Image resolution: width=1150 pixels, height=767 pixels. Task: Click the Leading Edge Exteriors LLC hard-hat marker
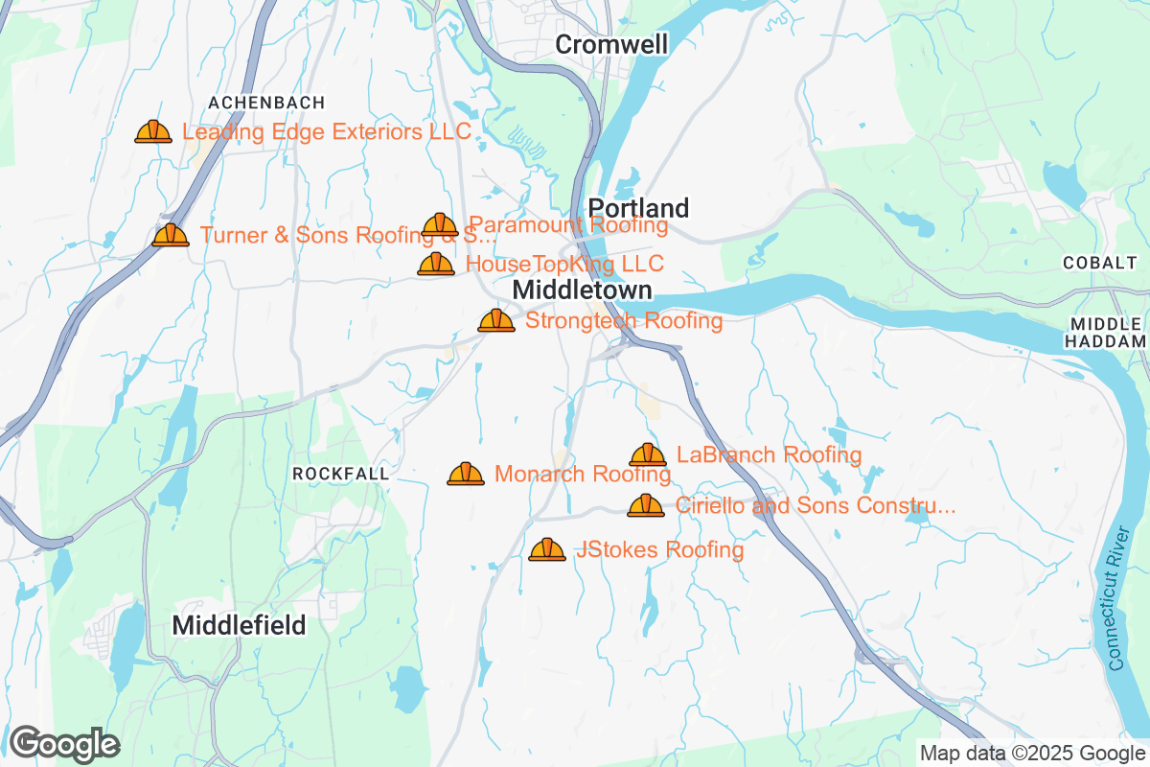tap(153, 131)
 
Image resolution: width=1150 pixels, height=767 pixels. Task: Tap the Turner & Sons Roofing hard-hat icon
tap(171, 235)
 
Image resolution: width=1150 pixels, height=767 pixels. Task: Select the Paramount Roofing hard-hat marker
tap(440, 225)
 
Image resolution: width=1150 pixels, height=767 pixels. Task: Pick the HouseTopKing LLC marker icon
tap(436, 264)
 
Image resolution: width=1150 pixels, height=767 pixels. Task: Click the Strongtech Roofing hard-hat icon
tap(496, 320)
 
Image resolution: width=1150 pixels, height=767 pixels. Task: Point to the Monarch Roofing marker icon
tap(466, 474)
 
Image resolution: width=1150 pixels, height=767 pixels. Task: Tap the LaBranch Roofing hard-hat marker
tap(648, 454)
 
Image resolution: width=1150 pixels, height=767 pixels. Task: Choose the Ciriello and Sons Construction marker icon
tap(646, 505)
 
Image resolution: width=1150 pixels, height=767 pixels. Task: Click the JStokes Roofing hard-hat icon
tap(547, 549)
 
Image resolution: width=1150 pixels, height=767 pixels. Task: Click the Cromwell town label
tap(611, 44)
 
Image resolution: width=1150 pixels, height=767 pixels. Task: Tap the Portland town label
tap(638, 208)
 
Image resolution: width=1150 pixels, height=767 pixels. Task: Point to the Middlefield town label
tap(239, 626)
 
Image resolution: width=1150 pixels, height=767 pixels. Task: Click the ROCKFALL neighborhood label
tap(340, 474)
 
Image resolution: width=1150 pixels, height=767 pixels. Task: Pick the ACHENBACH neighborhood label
tap(266, 102)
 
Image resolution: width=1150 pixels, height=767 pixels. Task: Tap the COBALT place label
tap(1098, 262)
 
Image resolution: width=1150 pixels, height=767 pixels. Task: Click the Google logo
tap(64, 743)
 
